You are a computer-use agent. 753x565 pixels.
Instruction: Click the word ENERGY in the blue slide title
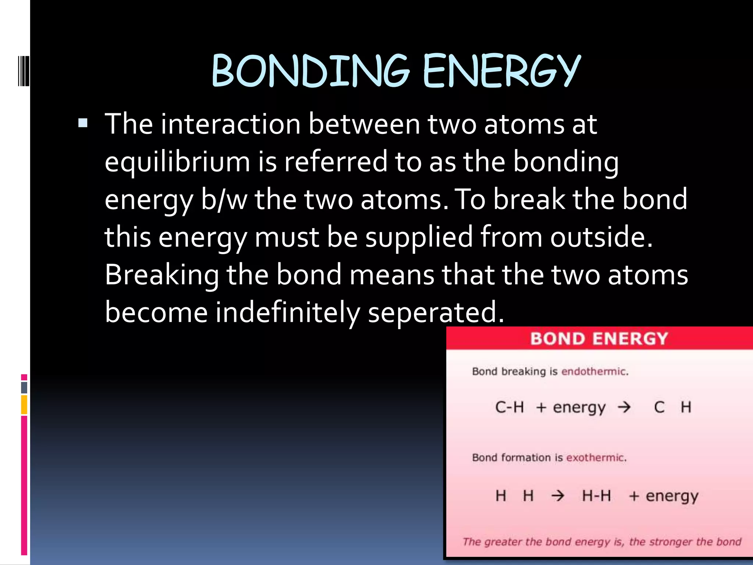tap(502, 71)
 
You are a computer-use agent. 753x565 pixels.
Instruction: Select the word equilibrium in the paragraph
tap(177, 162)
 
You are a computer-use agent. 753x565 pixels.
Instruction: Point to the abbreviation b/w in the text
tap(224, 200)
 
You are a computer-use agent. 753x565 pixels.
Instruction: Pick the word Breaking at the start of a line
tap(162, 275)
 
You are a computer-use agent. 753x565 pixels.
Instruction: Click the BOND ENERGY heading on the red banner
tap(599, 338)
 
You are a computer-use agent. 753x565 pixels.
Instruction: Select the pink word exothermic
tap(596, 458)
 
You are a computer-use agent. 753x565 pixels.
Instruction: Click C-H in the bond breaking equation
tap(510, 407)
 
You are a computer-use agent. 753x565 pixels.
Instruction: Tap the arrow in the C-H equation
tap(624, 407)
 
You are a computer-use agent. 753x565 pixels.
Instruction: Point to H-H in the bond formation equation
tap(596, 496)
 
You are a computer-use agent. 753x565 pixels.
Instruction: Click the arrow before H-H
tap(557, 496)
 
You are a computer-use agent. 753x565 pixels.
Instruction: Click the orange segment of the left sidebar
tap(24, 405)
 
